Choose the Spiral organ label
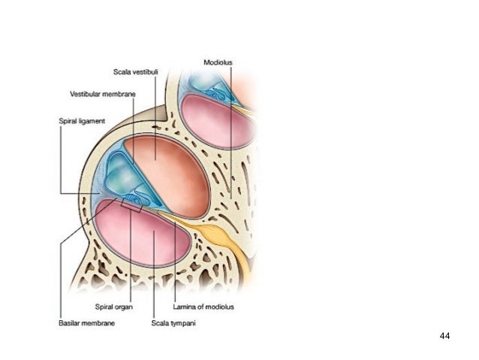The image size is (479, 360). (x=114, y=307)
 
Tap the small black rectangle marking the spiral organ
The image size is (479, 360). (x=131, y=202)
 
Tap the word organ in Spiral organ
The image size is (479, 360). (x=125, y=307)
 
